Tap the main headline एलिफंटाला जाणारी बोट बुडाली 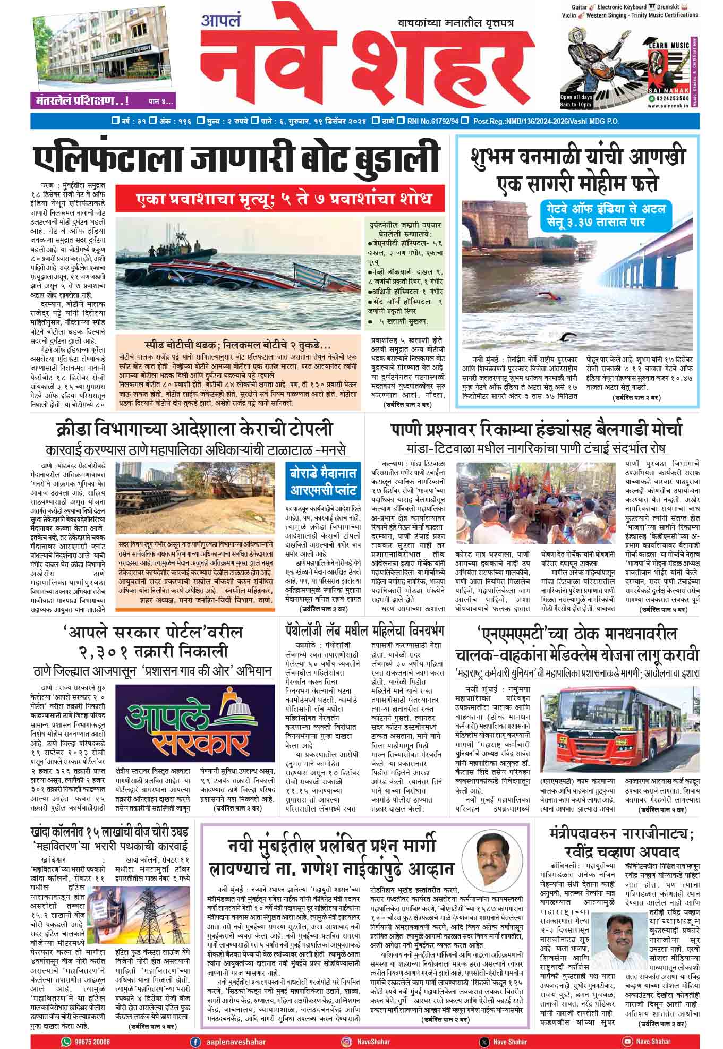237,158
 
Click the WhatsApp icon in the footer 66,1027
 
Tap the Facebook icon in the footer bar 196,1027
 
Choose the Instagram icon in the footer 346,1027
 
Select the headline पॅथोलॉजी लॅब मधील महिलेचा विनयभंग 364,632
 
